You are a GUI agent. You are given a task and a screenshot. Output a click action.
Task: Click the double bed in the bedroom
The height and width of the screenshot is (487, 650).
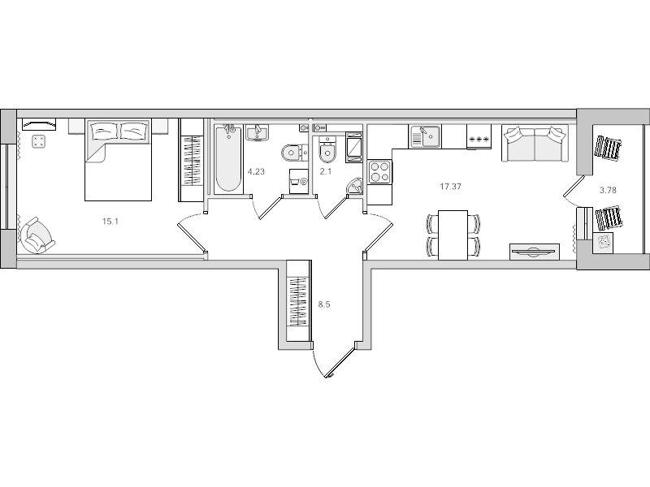pyautogui.click(x=119, y=159)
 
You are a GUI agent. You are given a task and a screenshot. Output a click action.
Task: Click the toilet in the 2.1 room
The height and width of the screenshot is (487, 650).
pyautogui.click(x=327, y=152)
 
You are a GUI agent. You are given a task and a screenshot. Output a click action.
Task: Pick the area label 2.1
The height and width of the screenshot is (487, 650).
pyautogui.click(x=325, y=171)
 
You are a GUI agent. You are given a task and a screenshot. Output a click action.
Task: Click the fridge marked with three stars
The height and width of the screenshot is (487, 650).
pyautogui.click(x=479, y=139)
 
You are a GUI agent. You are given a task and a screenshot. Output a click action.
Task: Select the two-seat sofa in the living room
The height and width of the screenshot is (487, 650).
pyautogui.click(x=534, y=144)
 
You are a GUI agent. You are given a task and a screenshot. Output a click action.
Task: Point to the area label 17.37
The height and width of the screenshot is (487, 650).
pyautogui.click(x=452, y=187)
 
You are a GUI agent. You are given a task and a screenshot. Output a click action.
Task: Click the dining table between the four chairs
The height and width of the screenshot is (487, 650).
pyautogui.click(x=453, y=235)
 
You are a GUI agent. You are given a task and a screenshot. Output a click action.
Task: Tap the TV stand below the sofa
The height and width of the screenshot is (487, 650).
pyautogui.click(x=535, y=252)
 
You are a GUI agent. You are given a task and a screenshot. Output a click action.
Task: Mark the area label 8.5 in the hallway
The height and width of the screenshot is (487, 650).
pyautogui.click(x=324, y=305)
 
